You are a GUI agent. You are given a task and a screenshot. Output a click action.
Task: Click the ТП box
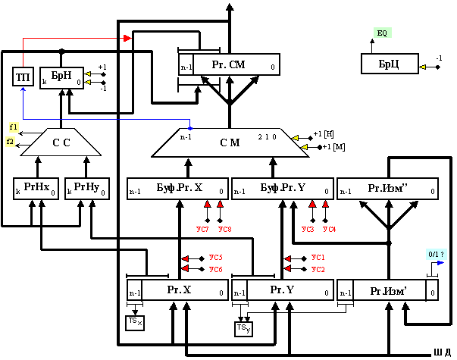(22, 77)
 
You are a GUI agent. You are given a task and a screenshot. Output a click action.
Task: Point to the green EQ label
(382, 33)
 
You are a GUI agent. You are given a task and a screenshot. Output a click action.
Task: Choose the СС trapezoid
(61, 142)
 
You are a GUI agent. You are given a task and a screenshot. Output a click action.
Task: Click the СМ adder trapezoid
(230, 142)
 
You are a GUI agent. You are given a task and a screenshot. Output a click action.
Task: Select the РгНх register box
(36, 188)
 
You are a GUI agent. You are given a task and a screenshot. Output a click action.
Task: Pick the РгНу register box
(86, 188)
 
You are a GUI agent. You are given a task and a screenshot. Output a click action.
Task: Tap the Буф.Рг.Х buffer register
(177, 188)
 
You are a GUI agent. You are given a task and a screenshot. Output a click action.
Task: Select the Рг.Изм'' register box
(387, 188)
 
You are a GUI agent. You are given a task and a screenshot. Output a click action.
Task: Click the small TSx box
(134, 322)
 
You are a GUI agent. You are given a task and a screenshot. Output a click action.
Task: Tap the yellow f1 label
(14, 127)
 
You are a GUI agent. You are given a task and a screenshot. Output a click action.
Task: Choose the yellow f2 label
(10, 141)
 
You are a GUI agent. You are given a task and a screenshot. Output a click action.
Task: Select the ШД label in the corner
(442, 352)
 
